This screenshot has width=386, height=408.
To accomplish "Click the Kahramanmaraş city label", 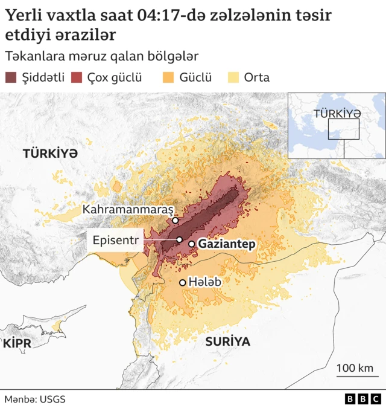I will tap(128, 209).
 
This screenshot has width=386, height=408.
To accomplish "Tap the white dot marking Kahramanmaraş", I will tap(175, 221).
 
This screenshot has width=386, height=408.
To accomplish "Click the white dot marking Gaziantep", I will tap(191, 244).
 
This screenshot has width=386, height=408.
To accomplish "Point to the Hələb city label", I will tap(205, 282).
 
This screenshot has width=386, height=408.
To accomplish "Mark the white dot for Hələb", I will tap(183, 282).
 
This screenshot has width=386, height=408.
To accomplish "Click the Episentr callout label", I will tap(116, 240).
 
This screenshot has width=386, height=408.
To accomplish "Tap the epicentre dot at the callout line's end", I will tap(179, 240).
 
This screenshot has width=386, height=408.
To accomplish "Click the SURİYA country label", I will tap(227, 342).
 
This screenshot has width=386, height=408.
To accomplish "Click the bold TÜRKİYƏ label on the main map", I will tap(51, 154).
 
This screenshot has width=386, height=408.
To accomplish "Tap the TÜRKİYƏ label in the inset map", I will tap(337, 113).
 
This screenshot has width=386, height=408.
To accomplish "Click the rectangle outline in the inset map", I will tap(344, 129).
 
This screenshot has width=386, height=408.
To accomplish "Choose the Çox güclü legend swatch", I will tap(77, 77).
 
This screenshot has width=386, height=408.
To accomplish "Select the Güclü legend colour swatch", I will tap(169, 77).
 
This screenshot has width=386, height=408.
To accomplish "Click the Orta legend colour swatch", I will tap(233, 77).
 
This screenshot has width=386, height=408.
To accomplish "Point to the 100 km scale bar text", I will tap(354, 368).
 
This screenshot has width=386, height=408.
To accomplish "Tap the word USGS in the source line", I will tap(53, 400).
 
